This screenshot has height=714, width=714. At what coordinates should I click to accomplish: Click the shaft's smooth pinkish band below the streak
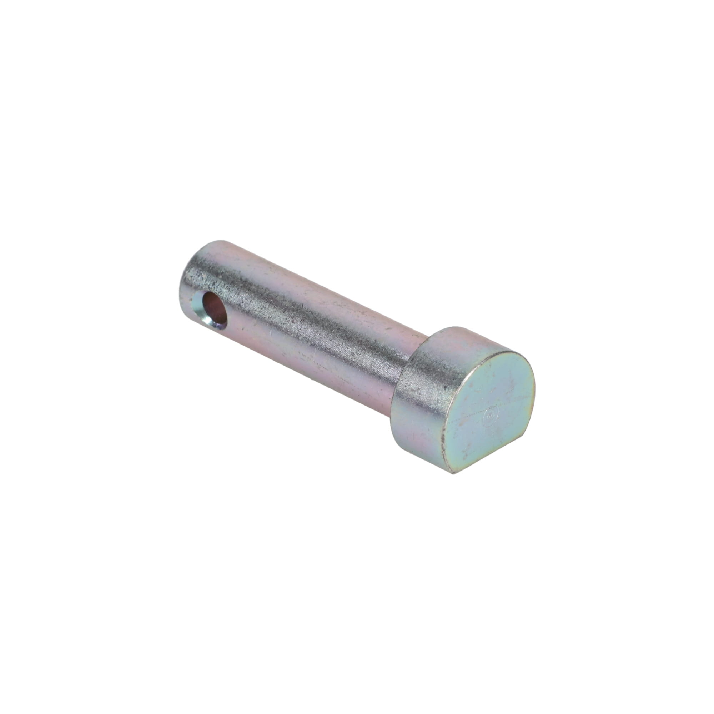(x=314, y=355)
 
